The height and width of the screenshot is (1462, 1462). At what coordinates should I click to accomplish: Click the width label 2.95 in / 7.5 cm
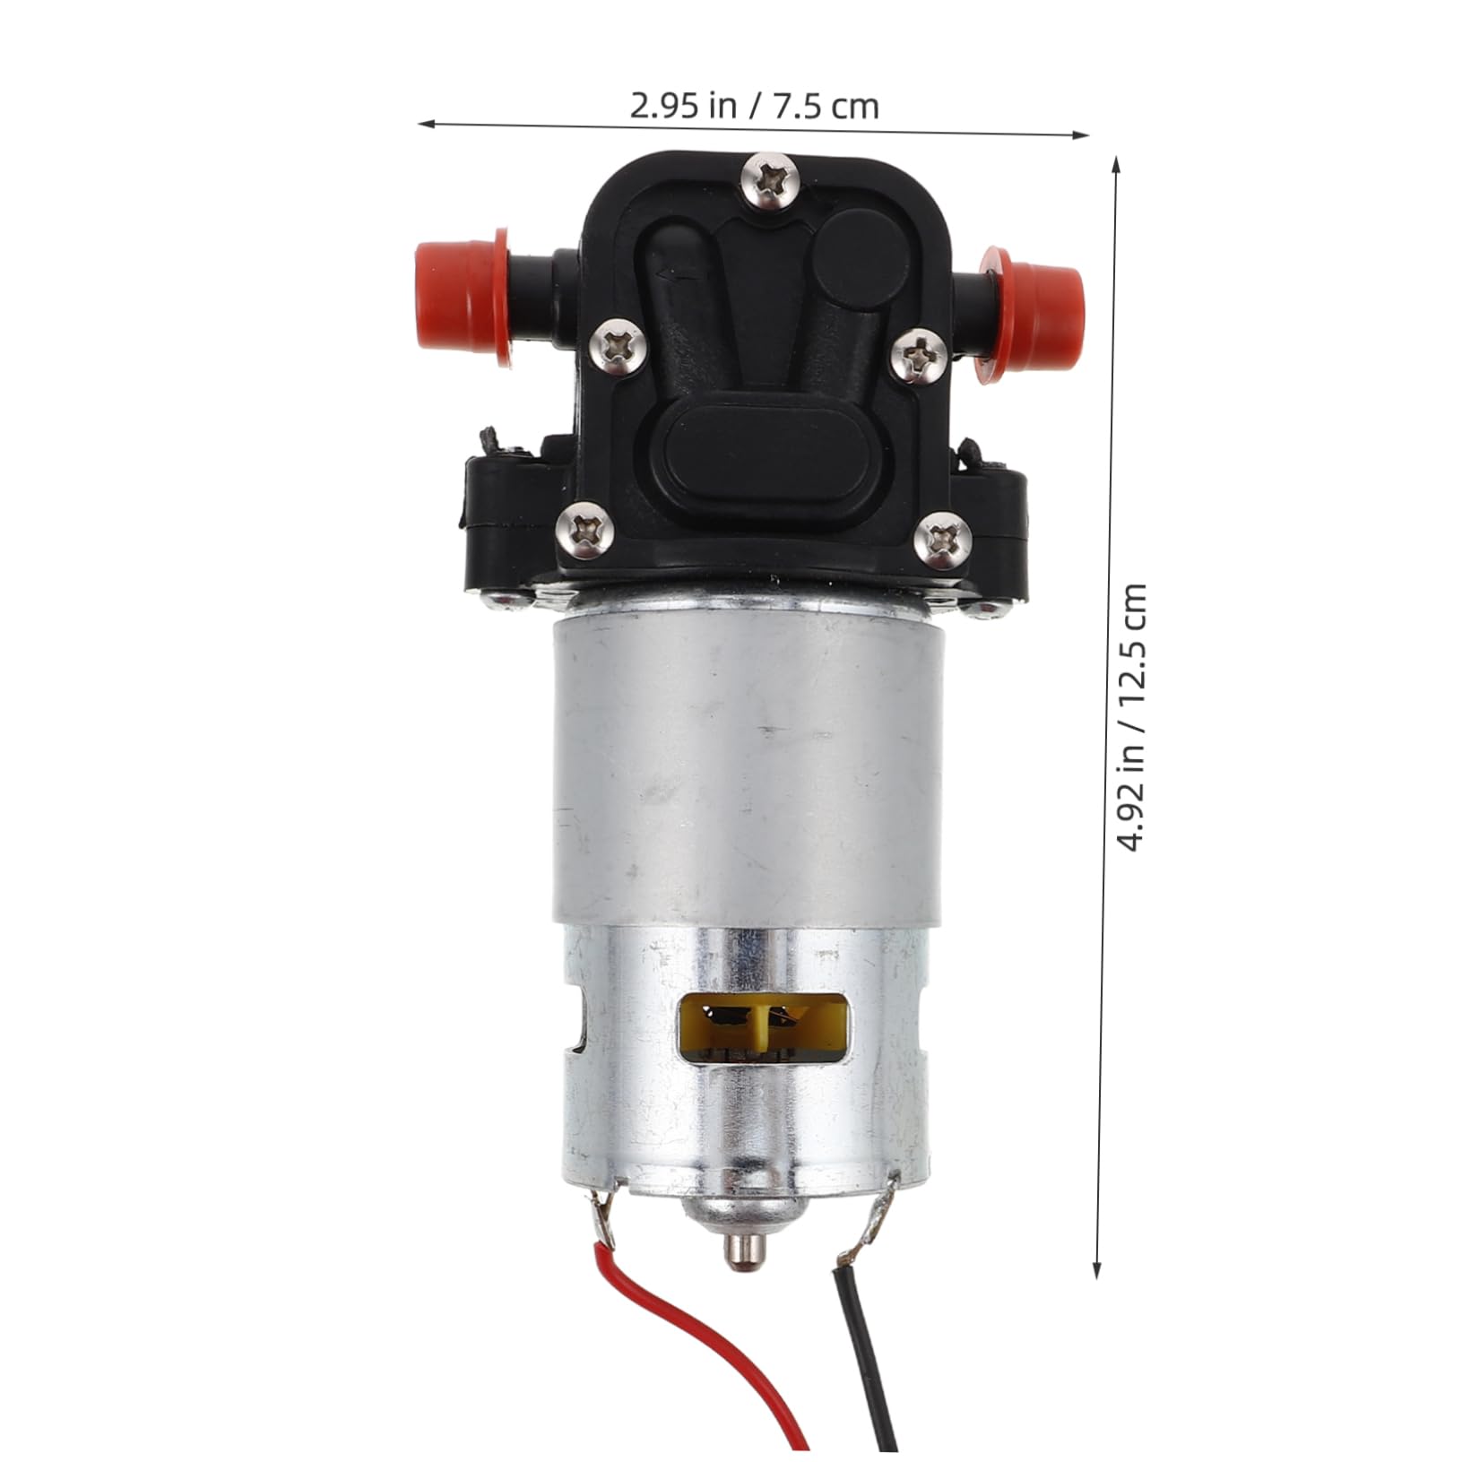[x=754, y=107]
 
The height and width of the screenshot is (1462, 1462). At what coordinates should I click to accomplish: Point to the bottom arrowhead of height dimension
[x=1097, y=1276]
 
